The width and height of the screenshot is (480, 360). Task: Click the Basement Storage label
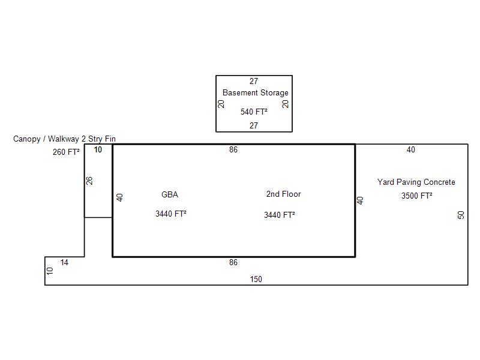(256, 93)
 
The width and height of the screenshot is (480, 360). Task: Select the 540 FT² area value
(254, 112)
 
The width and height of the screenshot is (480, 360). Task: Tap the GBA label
(170, 194)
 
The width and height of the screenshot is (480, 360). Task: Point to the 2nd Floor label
(283, 194)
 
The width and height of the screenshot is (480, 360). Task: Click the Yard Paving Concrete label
(416, 182)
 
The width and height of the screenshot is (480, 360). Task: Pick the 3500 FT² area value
(416, 196)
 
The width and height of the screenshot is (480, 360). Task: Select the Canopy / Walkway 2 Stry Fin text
(64, 139)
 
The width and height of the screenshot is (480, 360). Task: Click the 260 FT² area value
(66, 152)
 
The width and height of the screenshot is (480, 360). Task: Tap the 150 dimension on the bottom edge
(256, 279)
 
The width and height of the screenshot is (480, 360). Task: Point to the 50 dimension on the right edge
(461, 215)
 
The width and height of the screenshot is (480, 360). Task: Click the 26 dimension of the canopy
(89, 181)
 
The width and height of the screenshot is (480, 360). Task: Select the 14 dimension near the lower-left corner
(64, 262)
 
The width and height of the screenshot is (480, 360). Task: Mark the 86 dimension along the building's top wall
(233, 149)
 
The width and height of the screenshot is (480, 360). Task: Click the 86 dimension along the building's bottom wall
(233, 262)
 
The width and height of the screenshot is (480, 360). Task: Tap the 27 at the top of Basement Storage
(254, 81)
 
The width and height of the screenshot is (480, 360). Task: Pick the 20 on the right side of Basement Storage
(286, 104)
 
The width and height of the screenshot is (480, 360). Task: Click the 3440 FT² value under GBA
(171, 214)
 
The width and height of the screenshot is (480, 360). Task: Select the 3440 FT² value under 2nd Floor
(280, 215)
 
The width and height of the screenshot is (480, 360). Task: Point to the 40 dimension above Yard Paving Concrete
(411, 149)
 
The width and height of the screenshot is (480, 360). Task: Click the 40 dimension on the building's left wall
(120, 197)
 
